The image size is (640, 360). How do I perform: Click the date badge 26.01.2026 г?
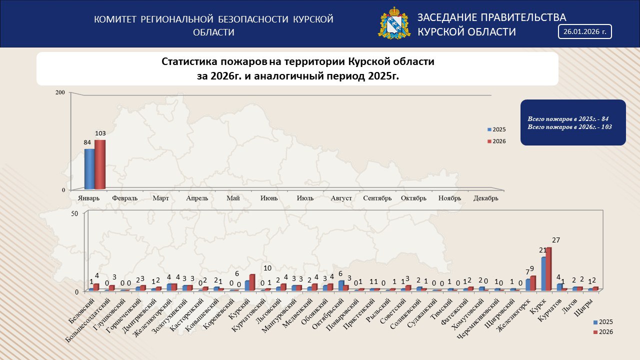[x=584, y=31]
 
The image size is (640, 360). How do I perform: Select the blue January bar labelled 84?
[x=89, y=169]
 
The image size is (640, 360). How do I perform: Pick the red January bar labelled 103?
[x=100, y=164]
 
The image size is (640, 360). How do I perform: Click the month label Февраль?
[x=125, y=198]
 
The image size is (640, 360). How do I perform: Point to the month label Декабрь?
[x=486, y=198]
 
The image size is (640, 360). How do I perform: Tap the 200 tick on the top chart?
[x=60, y=92]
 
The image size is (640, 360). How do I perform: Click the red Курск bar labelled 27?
[x=548, y=268]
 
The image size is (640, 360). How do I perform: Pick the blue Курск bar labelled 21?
[x=543, y=273]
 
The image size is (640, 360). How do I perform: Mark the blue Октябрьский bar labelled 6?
[x=341, y=285]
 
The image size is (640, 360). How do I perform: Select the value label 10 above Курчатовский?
[x=267, y=268]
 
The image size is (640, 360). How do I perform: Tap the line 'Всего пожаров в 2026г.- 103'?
[x=569, y=127]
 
